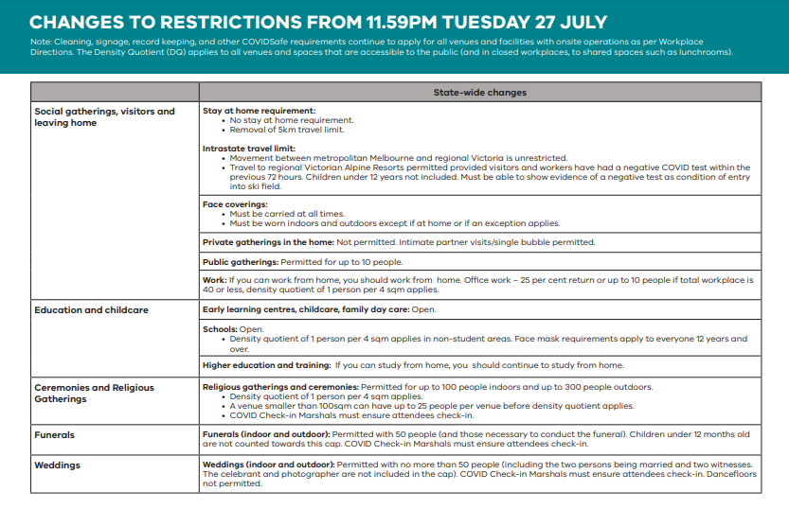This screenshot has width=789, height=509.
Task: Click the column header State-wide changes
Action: pos(479,93)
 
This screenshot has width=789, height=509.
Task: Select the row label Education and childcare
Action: pos(91,310)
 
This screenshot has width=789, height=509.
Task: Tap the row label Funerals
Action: pos(55,435)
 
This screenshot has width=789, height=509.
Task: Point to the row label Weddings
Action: pos(58,465)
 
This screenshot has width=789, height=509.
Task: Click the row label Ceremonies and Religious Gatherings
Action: pos(94,393)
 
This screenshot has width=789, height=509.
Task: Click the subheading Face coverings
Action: pos(236,204)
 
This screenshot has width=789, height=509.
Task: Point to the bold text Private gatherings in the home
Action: pos(268,242)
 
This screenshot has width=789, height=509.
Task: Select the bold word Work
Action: pos(214,280)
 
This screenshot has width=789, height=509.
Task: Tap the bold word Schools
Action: pos(220,329)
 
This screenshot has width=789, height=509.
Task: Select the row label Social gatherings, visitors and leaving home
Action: pos(104,116)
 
